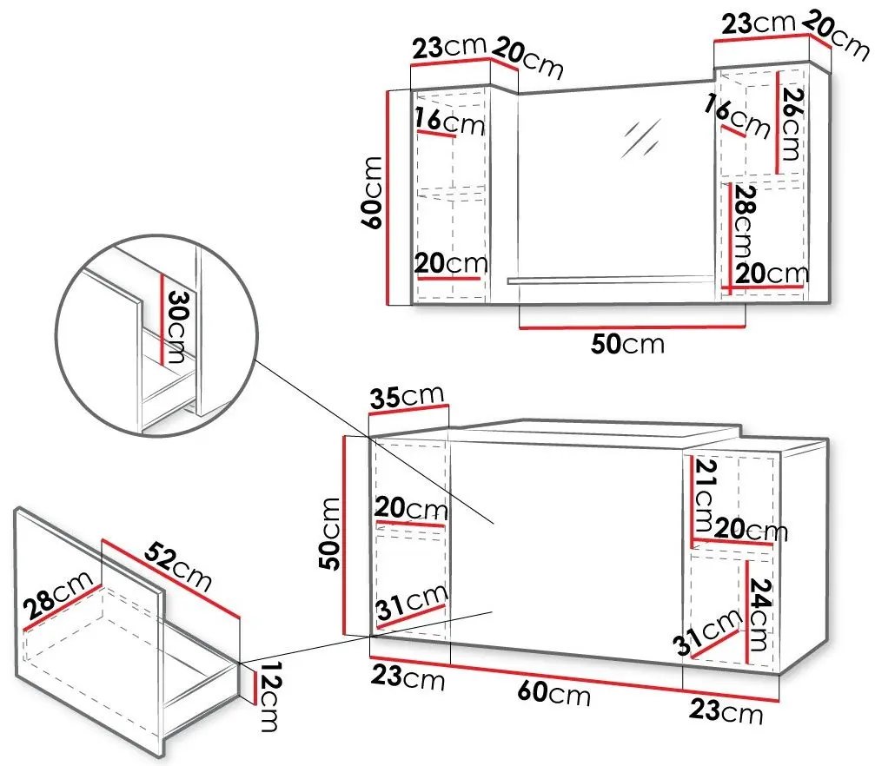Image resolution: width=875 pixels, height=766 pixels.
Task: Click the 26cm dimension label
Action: click(792, 124)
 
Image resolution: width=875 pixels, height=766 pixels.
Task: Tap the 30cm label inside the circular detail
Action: click(178, 326)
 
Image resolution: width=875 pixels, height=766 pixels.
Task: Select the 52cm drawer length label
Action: click(178, 565)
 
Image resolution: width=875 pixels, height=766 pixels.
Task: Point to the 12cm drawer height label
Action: click(270, 696)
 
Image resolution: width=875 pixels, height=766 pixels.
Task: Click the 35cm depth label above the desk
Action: click(407, 396)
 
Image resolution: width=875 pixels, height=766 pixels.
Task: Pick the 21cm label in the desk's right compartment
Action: click(704, 494)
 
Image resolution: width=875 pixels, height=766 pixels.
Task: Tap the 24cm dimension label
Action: click(759, 614)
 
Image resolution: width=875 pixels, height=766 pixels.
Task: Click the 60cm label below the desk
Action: click(554, 693)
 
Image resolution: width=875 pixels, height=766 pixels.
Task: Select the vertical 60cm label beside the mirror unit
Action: click(372, 193)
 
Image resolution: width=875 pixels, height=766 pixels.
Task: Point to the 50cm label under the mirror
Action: click(627, 344)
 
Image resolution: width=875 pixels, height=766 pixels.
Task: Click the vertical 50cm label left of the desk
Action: click(330, 534)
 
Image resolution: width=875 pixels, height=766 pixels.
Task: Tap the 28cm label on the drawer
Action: click(58, 595)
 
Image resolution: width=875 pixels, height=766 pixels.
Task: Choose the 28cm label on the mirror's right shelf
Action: click(745, 221)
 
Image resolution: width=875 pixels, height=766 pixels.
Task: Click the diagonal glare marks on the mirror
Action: click(641, 137)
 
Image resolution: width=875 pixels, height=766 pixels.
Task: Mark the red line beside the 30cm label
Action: click(162, 319)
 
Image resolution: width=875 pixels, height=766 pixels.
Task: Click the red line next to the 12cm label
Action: click(255, 689)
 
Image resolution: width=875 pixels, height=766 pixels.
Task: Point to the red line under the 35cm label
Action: click(408, 410)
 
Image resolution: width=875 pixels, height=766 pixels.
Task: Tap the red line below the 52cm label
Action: click(171, 578)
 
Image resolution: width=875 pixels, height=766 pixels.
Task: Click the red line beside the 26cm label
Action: click(777, 122)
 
